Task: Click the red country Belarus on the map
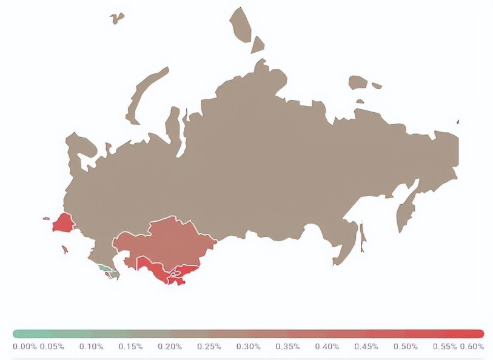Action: [x=62, y=224]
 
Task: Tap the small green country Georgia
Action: [x=105, y=267]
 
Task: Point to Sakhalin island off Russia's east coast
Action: [x=363, y=237]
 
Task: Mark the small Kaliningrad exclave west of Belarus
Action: [x=46, y=218]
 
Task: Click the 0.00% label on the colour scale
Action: [x=25, y=347]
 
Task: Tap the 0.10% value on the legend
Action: [x=92, y=347]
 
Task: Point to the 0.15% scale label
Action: [x=131, y=347]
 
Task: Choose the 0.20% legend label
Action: [x=170, y=347]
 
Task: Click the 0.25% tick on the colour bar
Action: [x=209, y=347]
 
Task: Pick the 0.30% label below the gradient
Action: [x=249, y=347]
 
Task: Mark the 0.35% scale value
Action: [x=287, y=347]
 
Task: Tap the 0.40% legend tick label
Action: [x=327, y=347]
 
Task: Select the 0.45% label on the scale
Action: [x=366, y=347]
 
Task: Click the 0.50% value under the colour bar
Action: [x=405, y=347]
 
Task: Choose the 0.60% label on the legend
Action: [x=472, y=347]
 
